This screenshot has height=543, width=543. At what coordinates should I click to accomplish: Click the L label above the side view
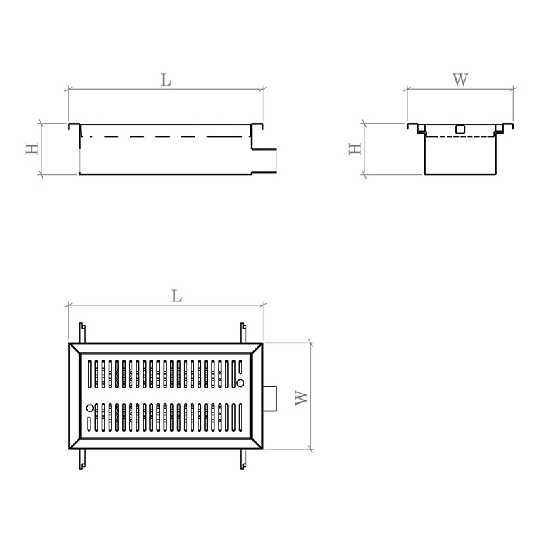click(x=166, y=80)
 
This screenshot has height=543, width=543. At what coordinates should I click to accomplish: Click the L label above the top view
click(x=176, y=296)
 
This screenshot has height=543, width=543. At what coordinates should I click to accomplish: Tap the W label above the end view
click(x=461, y=79)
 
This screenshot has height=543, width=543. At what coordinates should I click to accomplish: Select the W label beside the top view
click(x=301, y=398)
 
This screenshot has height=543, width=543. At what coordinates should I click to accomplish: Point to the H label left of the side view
click(x=32, y=149)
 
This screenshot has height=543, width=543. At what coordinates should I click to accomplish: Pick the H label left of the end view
click(x=355, y=149)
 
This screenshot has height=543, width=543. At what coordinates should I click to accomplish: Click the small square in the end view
click(x=460, y=129)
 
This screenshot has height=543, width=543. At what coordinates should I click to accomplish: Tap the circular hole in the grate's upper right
click(x=240, y=383)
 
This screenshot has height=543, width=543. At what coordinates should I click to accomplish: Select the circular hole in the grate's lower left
click(x=90, y=408)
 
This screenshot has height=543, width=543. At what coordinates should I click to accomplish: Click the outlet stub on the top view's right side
click(x=269, y=398)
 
